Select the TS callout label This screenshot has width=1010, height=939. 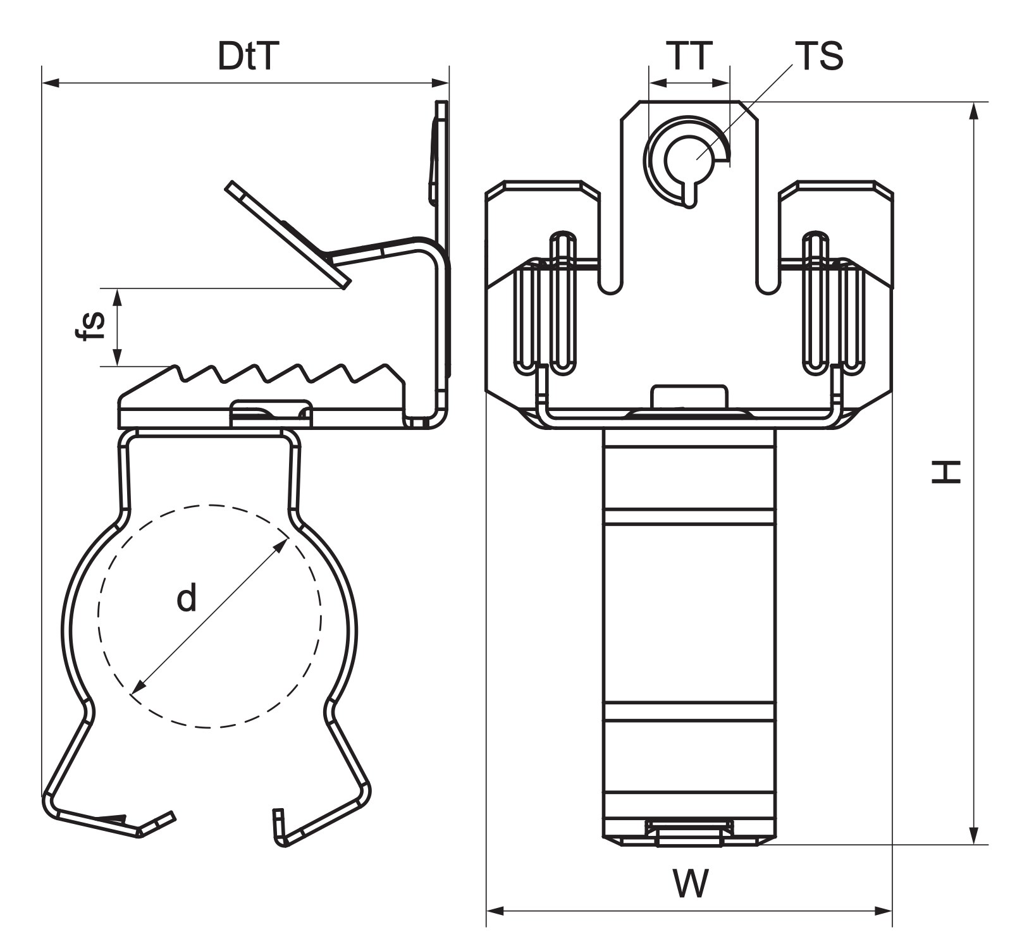coord(819,56)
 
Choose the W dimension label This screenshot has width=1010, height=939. coord(690,883)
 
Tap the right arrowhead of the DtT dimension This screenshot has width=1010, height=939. coord(440,83)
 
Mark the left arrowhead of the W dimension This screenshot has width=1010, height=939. coord(495,911)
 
